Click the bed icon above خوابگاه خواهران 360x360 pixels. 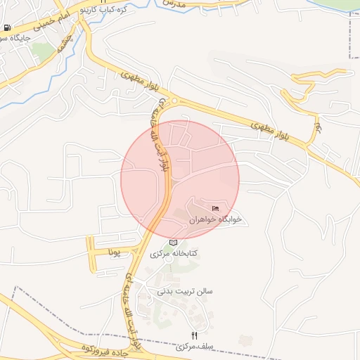coord(215,208)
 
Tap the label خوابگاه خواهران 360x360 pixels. coord(215,219)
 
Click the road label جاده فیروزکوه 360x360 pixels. coord(105,349)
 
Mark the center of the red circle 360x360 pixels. coord(180,179)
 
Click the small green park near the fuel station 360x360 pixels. coord(42,50)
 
